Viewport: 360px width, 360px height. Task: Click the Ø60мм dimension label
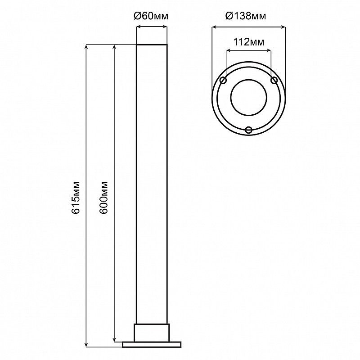point(151,16)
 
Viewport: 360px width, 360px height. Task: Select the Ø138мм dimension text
point(246,16)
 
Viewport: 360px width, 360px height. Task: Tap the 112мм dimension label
point(249,42)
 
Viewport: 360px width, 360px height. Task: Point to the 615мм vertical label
point(76,198)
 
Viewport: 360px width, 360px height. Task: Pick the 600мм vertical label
point(104,198)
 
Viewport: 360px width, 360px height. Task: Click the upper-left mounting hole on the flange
point(223,81)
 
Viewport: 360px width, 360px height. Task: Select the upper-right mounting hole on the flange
point(274,81)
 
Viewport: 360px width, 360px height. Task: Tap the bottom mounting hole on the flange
point(249,130)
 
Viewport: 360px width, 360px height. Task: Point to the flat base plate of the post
point(152,344)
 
